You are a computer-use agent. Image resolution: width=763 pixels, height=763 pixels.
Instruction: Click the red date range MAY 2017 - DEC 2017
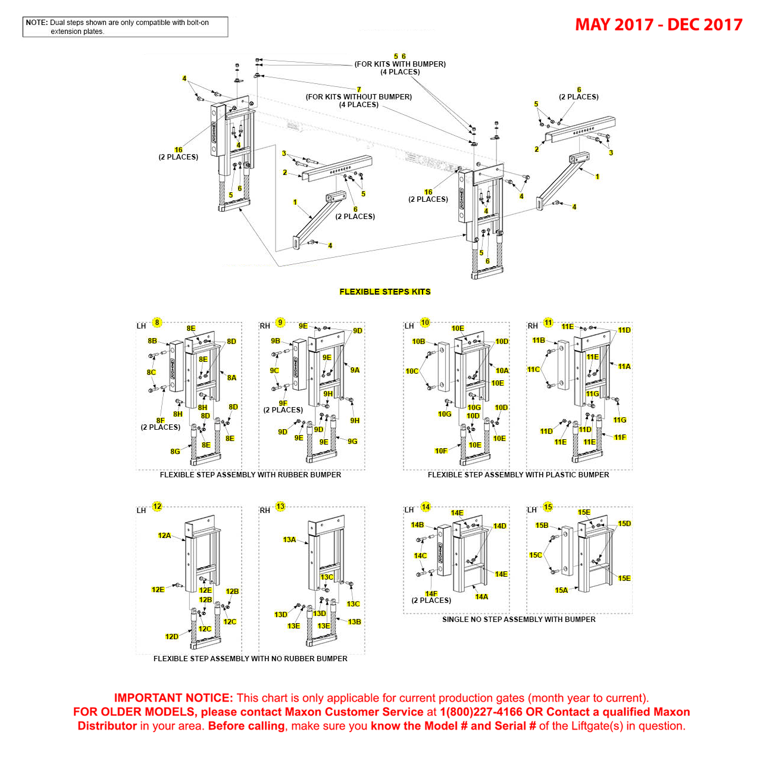(x=658, y=24)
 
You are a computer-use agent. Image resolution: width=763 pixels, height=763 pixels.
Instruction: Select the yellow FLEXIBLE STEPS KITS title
(x=384, y=292)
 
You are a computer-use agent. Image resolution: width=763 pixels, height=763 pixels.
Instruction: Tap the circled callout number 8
(x=157, y=323)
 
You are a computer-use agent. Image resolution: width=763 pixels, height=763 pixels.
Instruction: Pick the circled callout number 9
(x=280, y=323)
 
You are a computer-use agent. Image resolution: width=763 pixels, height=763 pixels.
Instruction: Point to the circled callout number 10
(x=425, y=323)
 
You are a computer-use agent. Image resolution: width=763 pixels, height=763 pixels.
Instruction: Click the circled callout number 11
(x=548, y=323)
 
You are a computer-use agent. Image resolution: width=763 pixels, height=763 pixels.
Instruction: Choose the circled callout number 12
(x=157, y=506)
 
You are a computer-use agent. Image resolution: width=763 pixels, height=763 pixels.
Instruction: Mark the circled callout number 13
(x=280, y=506)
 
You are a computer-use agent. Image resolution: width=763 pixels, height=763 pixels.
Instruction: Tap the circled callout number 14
(x=426, y=507)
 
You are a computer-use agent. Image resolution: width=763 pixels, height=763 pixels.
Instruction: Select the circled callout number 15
(x=548, y=507)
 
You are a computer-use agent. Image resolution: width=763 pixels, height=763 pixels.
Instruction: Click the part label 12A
(x=164, y=536)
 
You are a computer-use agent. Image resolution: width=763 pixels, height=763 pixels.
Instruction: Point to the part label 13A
(x=289, y=540)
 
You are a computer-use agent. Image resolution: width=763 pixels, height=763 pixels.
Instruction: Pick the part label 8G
(x=175, y=452)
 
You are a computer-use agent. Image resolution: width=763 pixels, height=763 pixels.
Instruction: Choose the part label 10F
(x=440, y=451)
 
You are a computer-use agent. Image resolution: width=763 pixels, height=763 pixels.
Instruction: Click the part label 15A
(x=561, y=590)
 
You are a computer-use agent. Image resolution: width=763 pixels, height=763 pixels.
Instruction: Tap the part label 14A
(x=481, y=597)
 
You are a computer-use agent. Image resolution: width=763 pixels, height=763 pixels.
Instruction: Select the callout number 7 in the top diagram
(x=359, y=90)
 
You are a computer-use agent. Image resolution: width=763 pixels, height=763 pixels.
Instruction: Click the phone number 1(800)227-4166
(x=481, y=712)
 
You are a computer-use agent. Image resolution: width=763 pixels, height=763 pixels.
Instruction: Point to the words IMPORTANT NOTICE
(x=173, y=698)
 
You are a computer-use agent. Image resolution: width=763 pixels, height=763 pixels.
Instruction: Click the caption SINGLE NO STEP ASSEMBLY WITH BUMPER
(x=518, y=620)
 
